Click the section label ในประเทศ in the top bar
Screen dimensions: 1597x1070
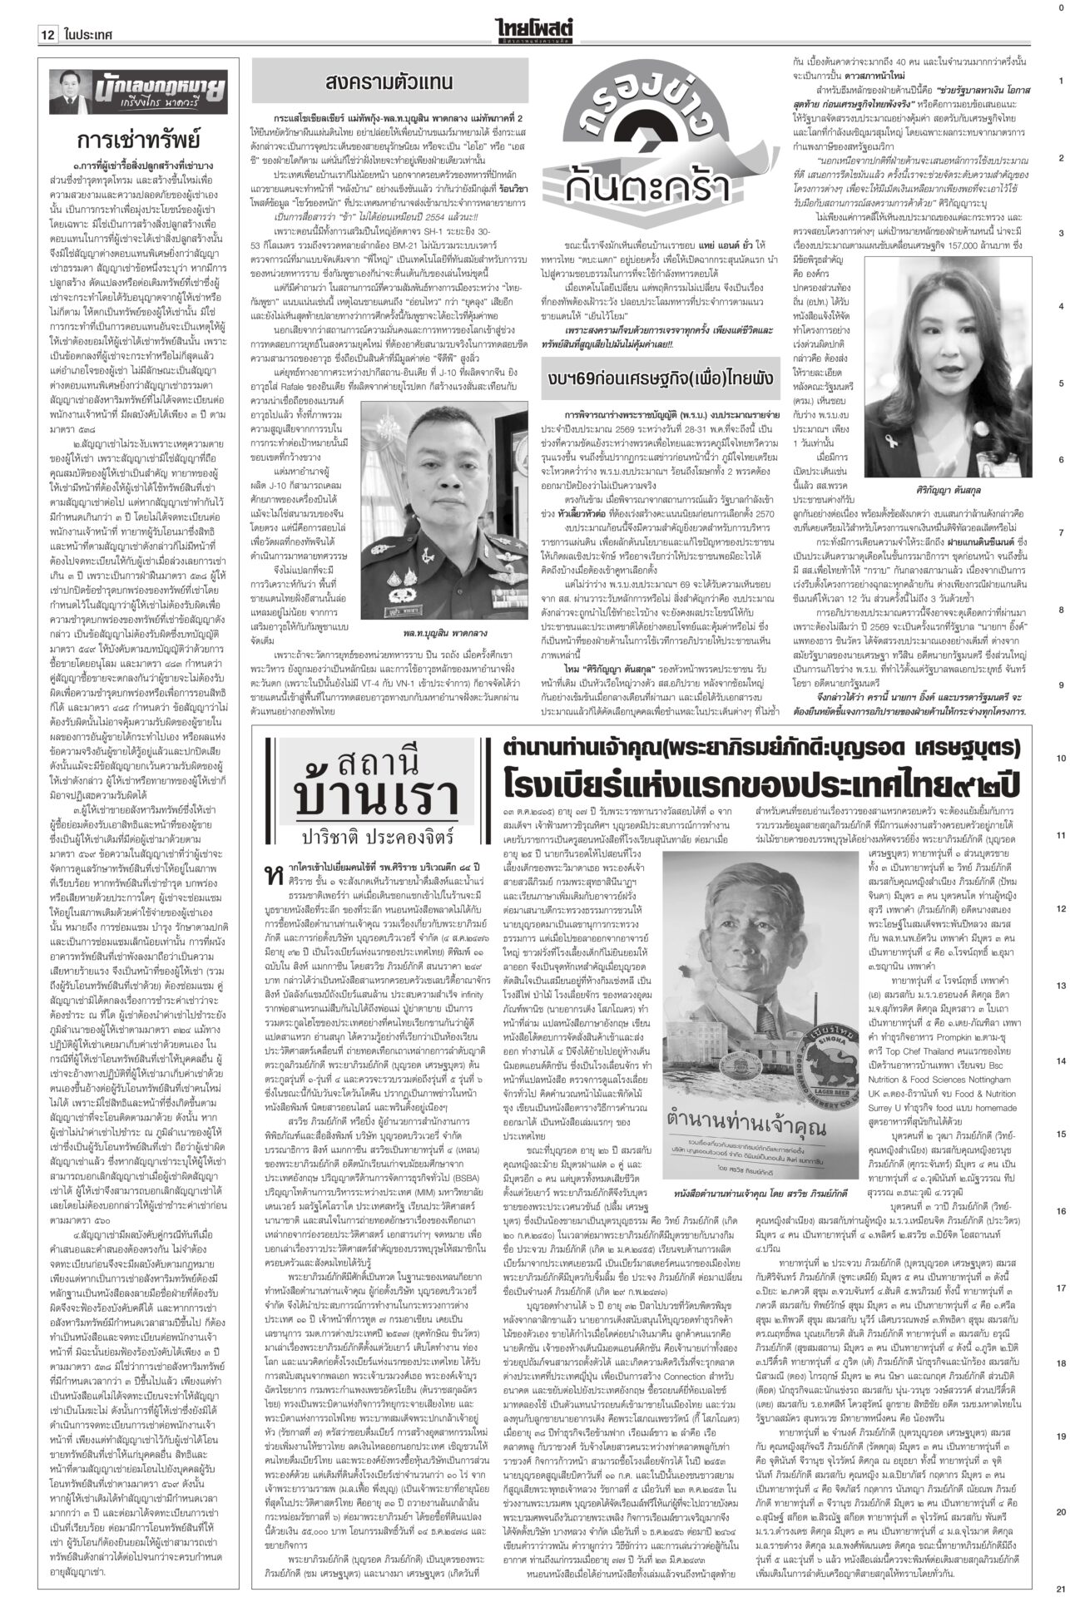coord(87,13)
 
